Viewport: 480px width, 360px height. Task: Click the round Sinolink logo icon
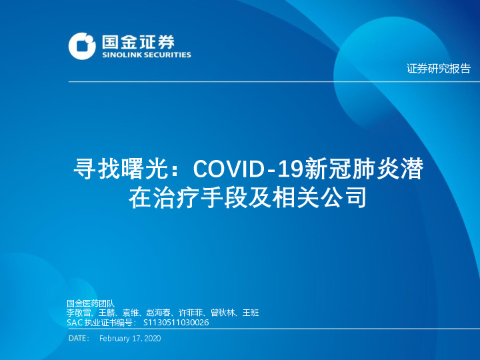pos(82,45)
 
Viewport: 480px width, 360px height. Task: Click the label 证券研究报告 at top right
pos(438,68)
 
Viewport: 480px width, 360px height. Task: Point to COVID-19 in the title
pos(247,170)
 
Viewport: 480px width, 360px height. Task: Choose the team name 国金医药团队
pos(91,303)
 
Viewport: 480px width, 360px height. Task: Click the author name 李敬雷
pos(79,313)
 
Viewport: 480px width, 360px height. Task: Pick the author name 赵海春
pos(159,313)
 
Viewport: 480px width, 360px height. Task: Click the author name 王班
pos(250,313)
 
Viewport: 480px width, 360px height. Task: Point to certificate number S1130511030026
pos(176,322)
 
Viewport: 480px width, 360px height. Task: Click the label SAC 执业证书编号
pos(101,322)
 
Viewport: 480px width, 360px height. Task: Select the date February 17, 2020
pos(130,339)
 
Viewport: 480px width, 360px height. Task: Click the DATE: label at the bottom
pos(79,339)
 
